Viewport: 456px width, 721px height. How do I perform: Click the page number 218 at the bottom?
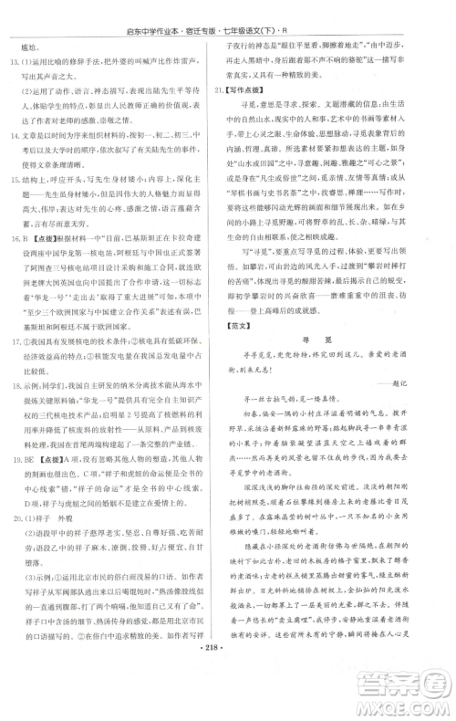pyautogui.click(x=228, y=698)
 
